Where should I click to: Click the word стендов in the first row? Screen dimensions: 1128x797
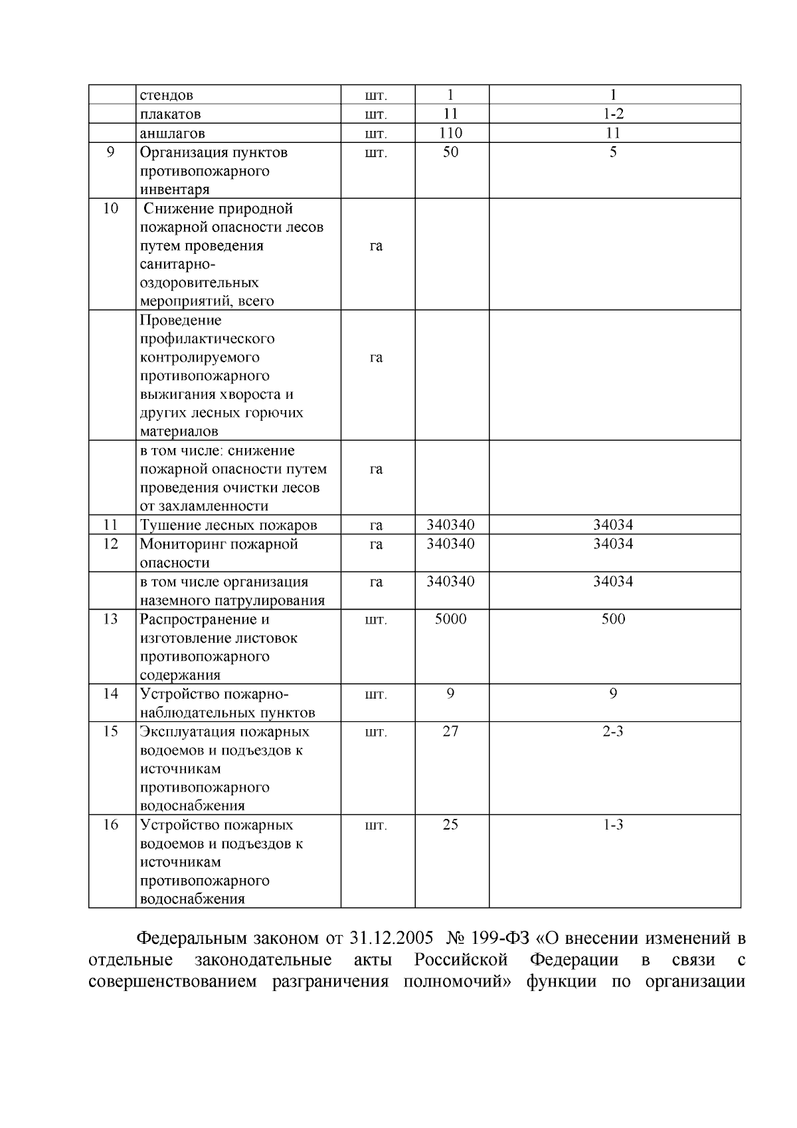click(x=166, y=95)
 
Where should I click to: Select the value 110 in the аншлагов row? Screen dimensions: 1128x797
click(x=450, y=133)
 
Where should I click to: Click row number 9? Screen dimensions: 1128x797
click(x=111, y=152)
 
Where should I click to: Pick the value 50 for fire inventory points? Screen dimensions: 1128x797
click(x=450, y=152)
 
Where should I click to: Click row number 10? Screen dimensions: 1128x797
click(x=111, y=209)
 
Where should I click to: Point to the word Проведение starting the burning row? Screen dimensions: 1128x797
click(x=180, y=320)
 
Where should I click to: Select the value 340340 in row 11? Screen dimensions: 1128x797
click(x=450, y=525)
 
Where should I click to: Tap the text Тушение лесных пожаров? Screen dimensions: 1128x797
click(x=228, y=525)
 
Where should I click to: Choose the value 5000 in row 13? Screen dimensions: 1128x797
click(x=450, y=620)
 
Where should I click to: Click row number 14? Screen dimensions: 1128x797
click(x=111, y=694)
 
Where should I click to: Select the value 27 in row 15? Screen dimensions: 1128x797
click(x=450, y=732)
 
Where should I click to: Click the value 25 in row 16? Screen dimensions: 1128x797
click(x=450, y=825)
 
